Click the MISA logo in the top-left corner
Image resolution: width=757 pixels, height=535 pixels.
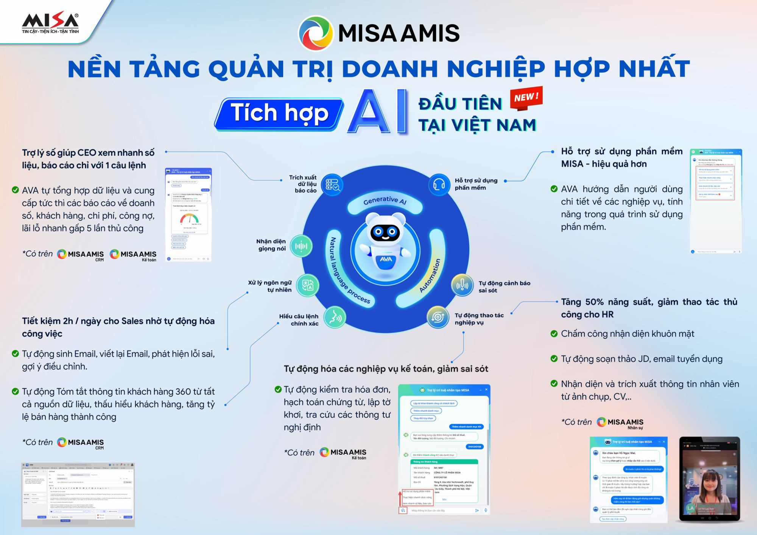(50, 23)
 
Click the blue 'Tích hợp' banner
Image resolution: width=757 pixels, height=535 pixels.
(279, 114)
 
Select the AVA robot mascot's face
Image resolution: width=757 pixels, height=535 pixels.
(385, 231)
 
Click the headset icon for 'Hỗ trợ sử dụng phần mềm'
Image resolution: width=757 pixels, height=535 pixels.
(439, 185)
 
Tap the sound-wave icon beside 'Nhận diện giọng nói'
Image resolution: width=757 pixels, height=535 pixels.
(301, 246)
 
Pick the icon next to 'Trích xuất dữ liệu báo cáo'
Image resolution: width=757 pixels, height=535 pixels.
(332, 185)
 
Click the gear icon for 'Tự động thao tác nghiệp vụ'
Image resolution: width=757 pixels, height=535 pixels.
(438, 317)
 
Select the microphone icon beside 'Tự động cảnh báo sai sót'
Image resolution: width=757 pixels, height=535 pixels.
(462, 285)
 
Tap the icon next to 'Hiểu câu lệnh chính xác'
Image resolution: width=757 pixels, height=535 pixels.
(335, 317)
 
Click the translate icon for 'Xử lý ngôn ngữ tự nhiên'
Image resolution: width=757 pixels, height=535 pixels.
(308, 285)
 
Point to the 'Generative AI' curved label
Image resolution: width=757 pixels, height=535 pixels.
(385, 201)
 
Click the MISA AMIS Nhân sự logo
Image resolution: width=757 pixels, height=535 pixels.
(620, 423)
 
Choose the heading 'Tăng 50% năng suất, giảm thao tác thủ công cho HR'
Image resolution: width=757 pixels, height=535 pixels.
(649, 308)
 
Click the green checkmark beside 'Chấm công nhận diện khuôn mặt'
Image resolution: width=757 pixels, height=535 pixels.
(554, 334)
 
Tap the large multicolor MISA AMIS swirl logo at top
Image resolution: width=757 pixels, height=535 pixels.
(316, 33)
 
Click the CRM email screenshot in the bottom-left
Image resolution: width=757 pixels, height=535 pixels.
(78, 495)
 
